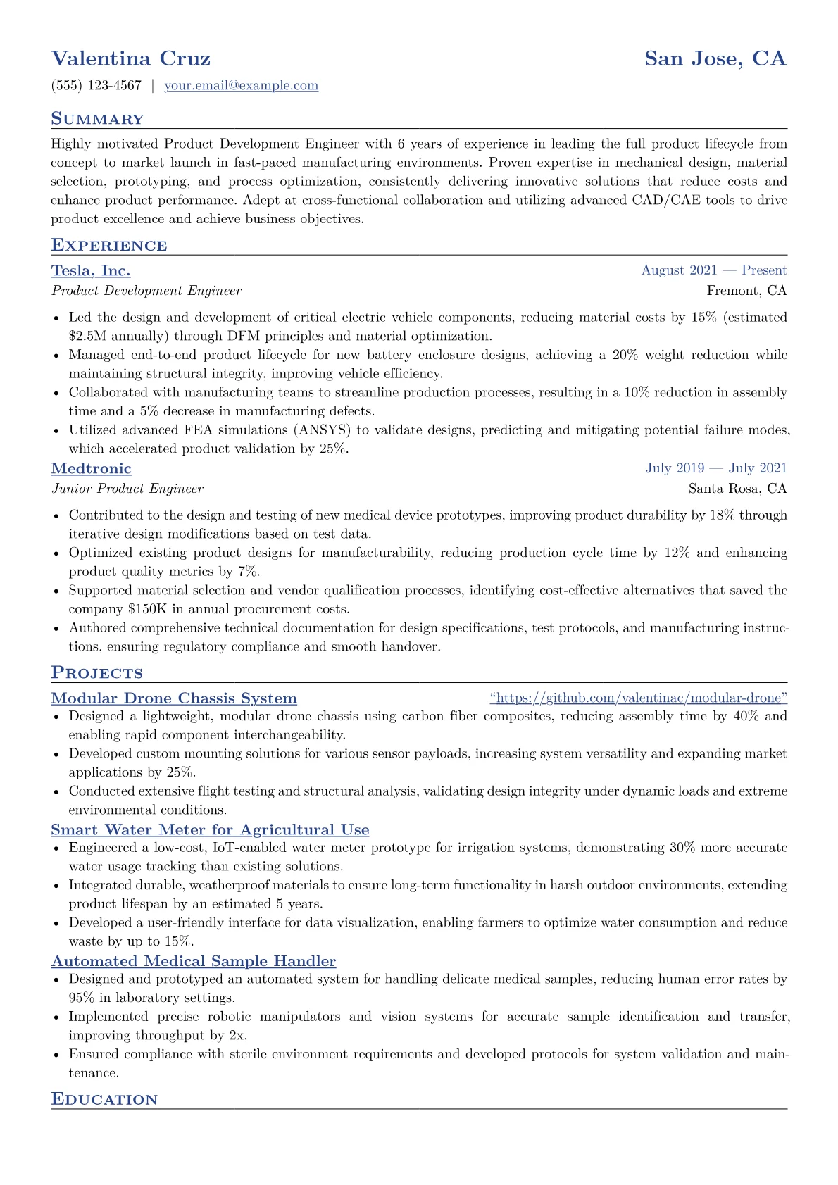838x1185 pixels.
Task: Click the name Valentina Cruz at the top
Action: tap(131, 58)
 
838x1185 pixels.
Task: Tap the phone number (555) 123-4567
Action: tap(96, 86)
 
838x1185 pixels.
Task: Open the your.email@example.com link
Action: tap(241, 86)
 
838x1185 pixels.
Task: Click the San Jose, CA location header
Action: tap(715, 58)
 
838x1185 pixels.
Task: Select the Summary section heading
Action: tap(97, 119)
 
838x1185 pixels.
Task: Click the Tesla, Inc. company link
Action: tap(91, 270)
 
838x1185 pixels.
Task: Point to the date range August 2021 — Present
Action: tap(713, 270)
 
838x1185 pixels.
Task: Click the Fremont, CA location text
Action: tap(746, 291)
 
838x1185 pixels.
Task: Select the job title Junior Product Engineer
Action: tap(127, 489)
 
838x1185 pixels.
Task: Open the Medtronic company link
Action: tap(92, 468)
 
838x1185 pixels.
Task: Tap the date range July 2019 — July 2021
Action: tap(715, 468)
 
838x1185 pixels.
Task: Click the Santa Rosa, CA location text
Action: tap(737, 489)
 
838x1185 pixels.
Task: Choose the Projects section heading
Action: tap(96, 673)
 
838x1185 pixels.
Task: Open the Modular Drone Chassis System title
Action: tap(174, 698)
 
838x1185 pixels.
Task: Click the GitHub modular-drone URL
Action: tap(638, 698)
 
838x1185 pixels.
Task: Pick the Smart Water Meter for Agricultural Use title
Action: tap(210, 830)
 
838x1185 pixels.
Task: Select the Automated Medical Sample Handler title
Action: tap(194, 961)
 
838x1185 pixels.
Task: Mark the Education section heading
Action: tap(104, 1100)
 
